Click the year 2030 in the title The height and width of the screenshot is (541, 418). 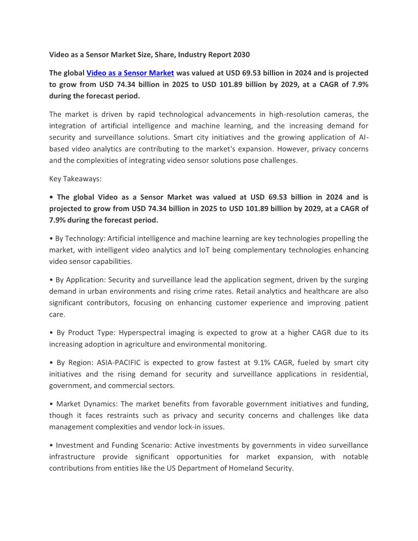tap(241, 54)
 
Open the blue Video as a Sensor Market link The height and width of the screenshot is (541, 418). tap(130, 73)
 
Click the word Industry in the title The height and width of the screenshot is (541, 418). tap(195, 54)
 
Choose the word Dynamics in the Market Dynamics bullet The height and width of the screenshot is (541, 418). tap(102, 404)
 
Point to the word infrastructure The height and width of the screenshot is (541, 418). tap(72, 456)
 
